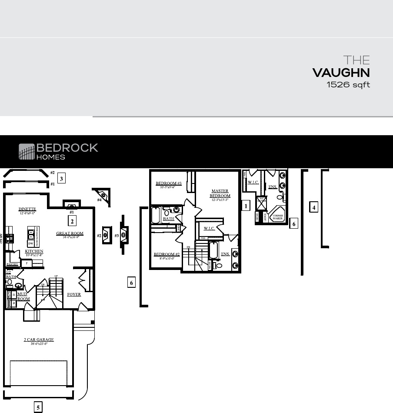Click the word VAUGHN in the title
point(341,73)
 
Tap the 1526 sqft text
point(348,85)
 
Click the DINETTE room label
point(27,210)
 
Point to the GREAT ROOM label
point(70,233)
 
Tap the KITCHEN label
point(34,251)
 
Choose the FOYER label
point(74,294)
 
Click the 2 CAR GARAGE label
point(39,340)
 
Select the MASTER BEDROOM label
point(220,193)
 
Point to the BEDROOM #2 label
point(167,254)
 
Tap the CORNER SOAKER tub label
point(277,217)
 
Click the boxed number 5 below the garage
point(38,407)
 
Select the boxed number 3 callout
point(62,178)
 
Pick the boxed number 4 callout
point(314,207)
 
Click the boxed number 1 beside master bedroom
point(246,206)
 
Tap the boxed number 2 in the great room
point(72,221)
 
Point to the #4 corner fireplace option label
point(99,200)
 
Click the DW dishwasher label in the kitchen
point(31,243)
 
